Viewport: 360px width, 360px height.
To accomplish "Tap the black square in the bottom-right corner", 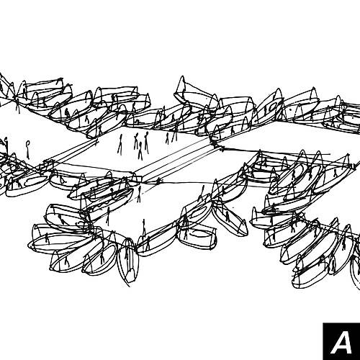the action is [x=341, y=341].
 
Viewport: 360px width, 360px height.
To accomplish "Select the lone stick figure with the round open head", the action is [x=28, y=150].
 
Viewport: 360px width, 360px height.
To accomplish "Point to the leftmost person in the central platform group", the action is [x=120, y=144].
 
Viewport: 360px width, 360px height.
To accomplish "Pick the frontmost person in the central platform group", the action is [x=140, y=151].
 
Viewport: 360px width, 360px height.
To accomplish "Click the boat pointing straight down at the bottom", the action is [x=128, y=261].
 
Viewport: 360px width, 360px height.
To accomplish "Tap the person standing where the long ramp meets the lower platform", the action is [x=139, y=194].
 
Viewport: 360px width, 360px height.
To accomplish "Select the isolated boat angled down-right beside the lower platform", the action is [x=228, y=217].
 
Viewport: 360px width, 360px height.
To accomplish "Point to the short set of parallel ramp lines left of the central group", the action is [x=72, y=151].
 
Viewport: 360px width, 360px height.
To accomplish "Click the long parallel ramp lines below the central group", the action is [x=179, y=160].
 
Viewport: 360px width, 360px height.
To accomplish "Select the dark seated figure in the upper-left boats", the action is [x=67, y=113].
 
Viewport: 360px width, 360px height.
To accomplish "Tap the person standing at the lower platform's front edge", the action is [x=144, y=228].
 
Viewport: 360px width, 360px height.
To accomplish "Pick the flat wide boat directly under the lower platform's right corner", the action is [x=197, y=236].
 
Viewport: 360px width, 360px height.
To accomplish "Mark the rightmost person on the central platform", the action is [x=175, y=134].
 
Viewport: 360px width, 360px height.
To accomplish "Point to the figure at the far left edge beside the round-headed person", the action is [x=6, y=145].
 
